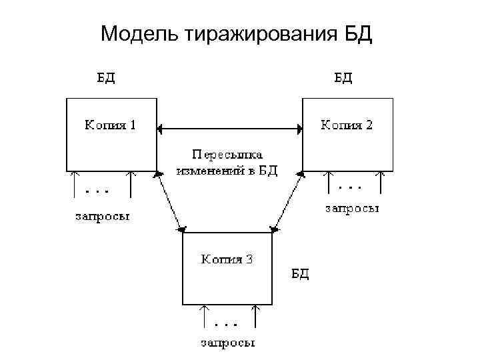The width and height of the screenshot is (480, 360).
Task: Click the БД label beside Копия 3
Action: pyautogui.click(x=299, y=273)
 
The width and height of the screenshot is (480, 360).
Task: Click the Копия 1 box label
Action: pyautogui.click(x=109, y=125)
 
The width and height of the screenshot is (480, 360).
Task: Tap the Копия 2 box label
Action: pyautogui.click(x=347, y=125)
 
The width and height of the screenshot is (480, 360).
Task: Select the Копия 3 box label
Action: pyautogui.click(x=227, y=259)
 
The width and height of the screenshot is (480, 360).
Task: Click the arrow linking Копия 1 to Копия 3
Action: pyautogui.click(x=170, y=201)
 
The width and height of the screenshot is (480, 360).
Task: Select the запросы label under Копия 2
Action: pyautogui.click(x=352, y=209)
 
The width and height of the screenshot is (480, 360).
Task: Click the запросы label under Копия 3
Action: pyautogui.click(x=227, y=343)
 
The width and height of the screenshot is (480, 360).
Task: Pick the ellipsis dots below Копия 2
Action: pyautogui.click(x=351, y=184)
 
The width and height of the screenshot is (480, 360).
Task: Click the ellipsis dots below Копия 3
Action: pyautogui.click(x=227, y=325)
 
